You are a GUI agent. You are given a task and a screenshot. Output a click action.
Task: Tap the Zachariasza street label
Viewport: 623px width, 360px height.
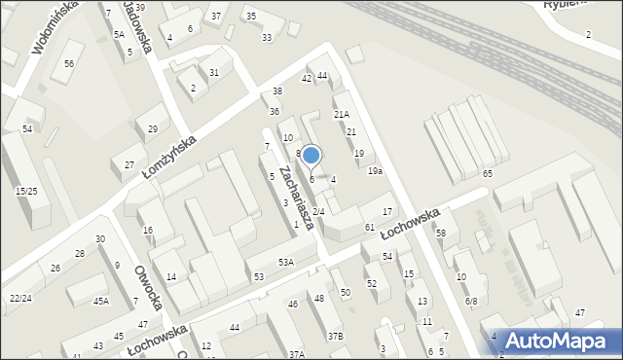(294, 197)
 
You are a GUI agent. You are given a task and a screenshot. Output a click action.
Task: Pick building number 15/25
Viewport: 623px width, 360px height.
(26, 192)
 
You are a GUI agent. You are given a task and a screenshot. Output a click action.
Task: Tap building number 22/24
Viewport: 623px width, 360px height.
(19, 298)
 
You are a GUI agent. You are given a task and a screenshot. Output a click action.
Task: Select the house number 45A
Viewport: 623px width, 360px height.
(101, 302)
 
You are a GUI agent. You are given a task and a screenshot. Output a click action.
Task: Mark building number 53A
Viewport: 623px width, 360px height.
(285, 262)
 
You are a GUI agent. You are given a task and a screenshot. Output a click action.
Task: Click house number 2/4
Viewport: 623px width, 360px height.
(317, 211)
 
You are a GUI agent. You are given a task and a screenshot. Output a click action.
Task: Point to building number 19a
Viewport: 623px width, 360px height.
(375, 171)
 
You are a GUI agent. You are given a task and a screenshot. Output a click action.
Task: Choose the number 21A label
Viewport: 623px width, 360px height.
(341, 115)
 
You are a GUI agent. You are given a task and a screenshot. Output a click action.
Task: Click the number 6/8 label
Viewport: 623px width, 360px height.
(471, 302)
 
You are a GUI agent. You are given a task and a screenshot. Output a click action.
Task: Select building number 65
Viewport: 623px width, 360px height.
(487, 173)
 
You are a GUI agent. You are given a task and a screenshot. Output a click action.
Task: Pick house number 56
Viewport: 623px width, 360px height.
(68, 63)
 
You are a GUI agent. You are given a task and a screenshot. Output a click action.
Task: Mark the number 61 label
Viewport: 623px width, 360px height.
(370, 227)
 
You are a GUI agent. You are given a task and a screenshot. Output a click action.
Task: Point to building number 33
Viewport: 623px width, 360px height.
(266, 37)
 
